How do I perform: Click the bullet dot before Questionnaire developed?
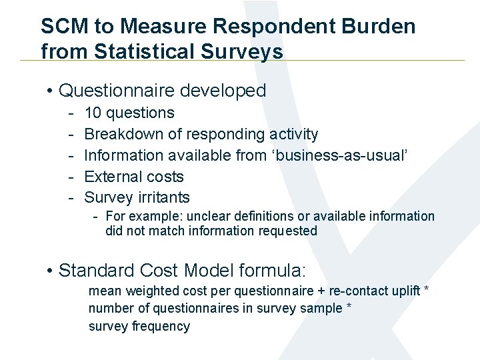point(50,91)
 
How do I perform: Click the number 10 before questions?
point(93,113)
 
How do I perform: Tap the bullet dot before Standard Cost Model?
point(50,271)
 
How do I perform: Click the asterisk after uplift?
point(426,291)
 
